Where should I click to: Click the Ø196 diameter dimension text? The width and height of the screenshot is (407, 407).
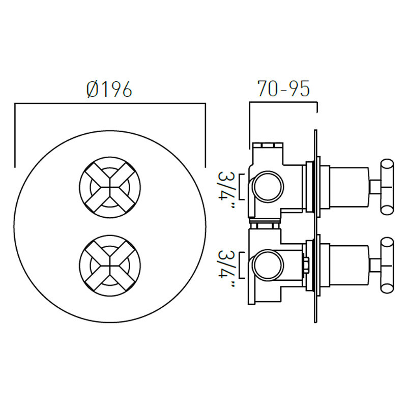click(109, 90)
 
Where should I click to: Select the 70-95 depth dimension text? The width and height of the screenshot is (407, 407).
click(283, 90)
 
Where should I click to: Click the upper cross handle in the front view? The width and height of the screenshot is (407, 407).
click(110, 186)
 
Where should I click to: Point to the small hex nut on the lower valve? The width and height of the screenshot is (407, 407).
click(306, 265)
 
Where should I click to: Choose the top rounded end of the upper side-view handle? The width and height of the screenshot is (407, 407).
click(388, 164)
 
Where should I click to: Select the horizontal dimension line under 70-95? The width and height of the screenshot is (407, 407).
click(283, 103)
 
